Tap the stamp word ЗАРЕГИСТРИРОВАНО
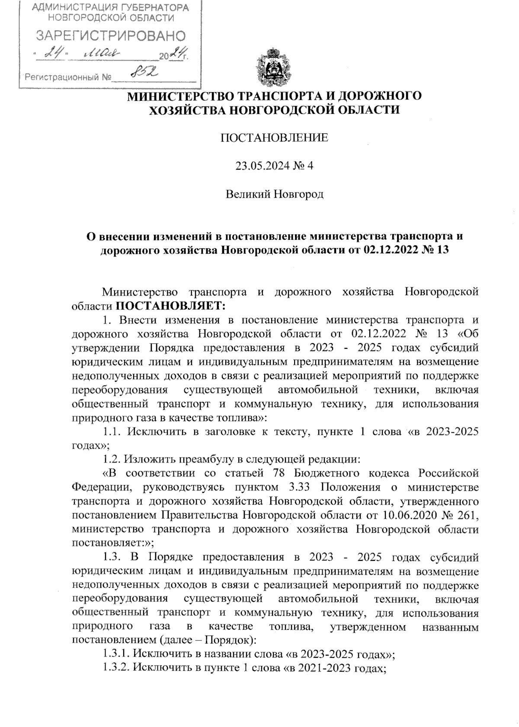(110, 35)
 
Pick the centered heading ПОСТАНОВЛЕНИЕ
(275, 138)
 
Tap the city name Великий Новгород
(275, 194)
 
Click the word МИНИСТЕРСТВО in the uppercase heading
(175, 96)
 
